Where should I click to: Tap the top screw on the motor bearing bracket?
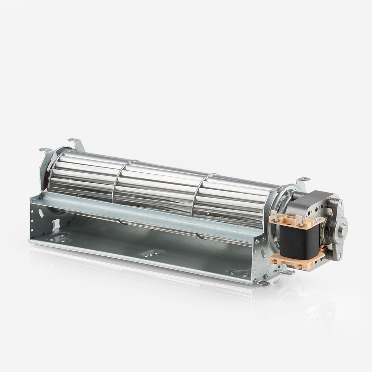(340, 204)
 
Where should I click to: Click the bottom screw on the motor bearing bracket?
(339, 256)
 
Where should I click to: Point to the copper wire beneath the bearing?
(322, 247)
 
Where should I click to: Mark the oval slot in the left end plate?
(41, 213)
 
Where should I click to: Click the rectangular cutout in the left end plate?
(56, 224)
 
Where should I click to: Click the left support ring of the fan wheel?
(120, 182)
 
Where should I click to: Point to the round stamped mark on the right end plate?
(270, 268)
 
